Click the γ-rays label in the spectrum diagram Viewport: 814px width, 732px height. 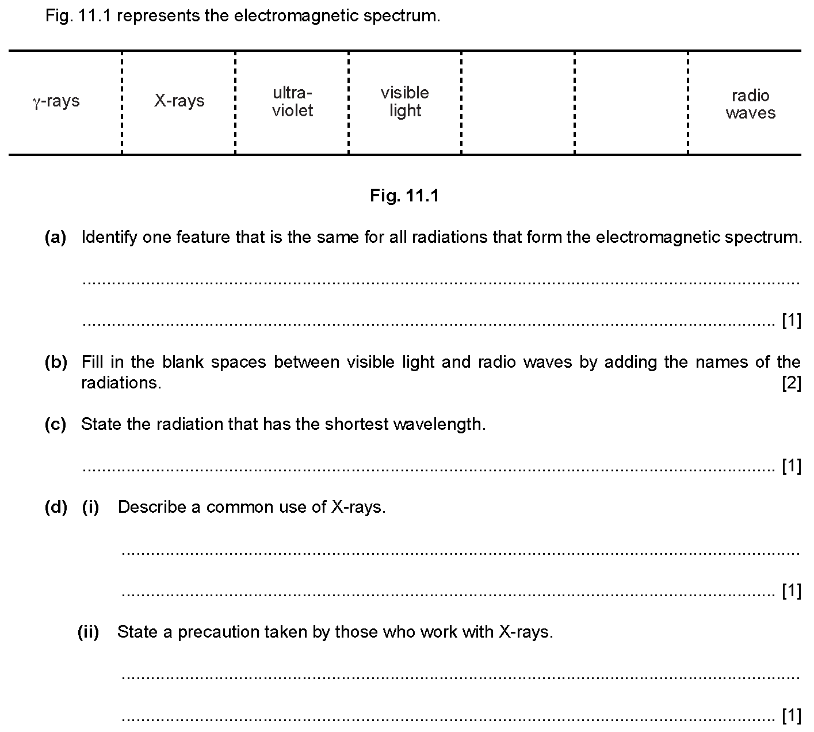click(x=56, y=101)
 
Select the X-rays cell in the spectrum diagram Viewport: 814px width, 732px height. click(x=179, y=101)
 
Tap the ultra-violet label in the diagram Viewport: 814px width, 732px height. click(x=292, y=102)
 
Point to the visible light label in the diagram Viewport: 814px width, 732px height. click(x=405, y=102)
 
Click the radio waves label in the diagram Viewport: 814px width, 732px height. click(x=750, y=104)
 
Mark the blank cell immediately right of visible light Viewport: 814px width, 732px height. click(x=518, y=102)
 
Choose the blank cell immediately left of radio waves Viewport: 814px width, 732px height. click(x=631, y=102)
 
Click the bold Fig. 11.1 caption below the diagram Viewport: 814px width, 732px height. click(x=404, y=196)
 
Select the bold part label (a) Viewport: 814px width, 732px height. click(x=55, y=237)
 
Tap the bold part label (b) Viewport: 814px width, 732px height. click(x=56, y=362)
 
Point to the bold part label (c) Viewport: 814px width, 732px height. click(x=55, y=424)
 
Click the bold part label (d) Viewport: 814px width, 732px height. click(x=56, y=507)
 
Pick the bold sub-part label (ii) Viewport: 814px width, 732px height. click(x=88, y=632)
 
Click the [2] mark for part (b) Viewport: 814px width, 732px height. click(x=792, y=383)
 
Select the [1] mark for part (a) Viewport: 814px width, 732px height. click(x=792, y=320)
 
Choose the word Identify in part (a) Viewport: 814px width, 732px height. click(x=109, y=237)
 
